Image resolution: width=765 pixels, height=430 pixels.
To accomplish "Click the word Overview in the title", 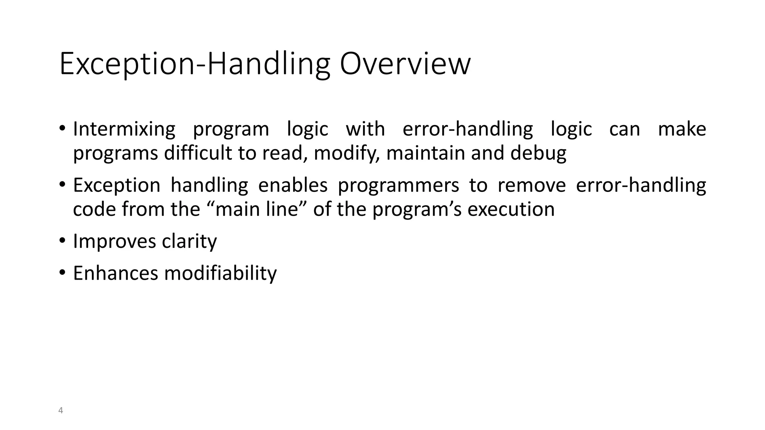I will point(405,64).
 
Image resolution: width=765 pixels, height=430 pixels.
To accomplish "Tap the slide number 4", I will point(61,411).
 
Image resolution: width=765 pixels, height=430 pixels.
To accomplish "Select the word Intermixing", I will point(124,130).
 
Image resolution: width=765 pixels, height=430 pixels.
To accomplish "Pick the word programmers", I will point(398,186).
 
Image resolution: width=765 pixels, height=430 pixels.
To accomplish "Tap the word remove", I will point(532,186).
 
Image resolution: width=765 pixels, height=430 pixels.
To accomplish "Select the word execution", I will point(511,209).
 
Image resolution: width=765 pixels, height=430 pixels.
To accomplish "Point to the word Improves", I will point(114,242).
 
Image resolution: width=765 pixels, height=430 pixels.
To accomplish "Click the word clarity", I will point(189,242).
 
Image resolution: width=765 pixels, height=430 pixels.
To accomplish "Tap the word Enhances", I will point(115,273).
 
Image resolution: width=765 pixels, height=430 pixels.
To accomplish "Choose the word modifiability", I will point(220,273).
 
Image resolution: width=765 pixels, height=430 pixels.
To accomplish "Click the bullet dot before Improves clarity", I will point(62,241).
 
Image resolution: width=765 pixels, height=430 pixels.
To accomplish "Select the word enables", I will point(293,186).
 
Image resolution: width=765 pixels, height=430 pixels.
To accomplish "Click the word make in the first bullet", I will point(682,130).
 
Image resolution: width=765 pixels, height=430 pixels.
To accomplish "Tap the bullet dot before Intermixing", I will point(62,129).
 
